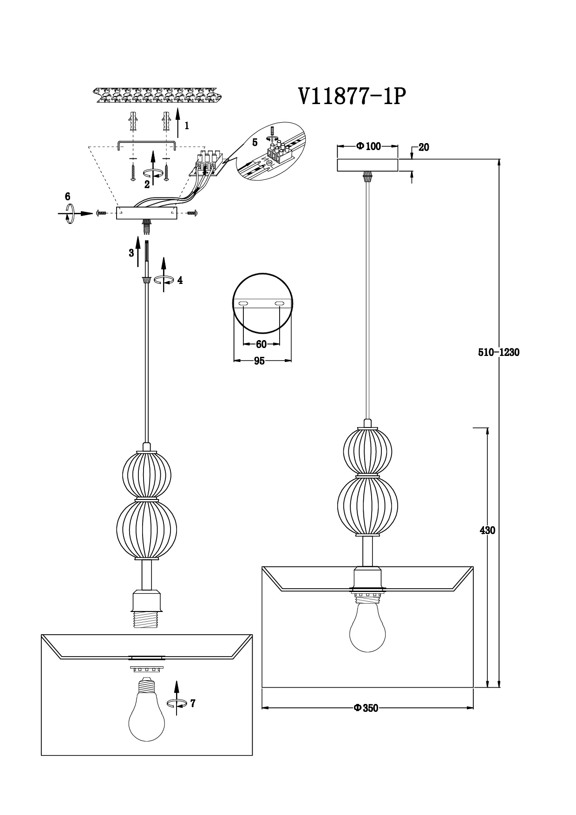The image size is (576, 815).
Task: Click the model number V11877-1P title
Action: pyautogui.click(x=352, y=97)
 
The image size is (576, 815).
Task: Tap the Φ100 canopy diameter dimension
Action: pyautogui.click(x=368, y=146)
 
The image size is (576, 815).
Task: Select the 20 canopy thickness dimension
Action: pyautogui.click(x=424, y=148)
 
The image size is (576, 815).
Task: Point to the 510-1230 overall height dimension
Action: pyautogui.click(x=498, y=352)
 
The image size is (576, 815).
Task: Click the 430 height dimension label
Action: pyautogui.click(x=487, y=530)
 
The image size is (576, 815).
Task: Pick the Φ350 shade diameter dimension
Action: pyautogui.click(x=366, y=708)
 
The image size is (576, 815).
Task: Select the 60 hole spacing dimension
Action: pyautogui.click(x=261, y=344)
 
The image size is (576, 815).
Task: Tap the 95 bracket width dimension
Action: pyautogui.click(x=259, y=361)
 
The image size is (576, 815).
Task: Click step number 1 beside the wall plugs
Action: pyautogui.click(x=186, y=125)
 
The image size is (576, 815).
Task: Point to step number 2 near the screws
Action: pyautogui.click(x=147, y=184)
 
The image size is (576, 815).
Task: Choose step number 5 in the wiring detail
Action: pyautogui.click(x=255, y=142)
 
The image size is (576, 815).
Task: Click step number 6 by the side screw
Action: pyautogui.click(x=67, y=196)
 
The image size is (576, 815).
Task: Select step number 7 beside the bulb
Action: pyautogui.click(x=192, y=703)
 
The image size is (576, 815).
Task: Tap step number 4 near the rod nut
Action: pyautogui.click(x=180, y=280)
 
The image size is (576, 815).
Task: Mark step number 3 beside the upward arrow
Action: pyautogui.click(x=131, y=253)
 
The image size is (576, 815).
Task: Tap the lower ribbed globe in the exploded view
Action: pyautogui.click(x=147, y=528)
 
